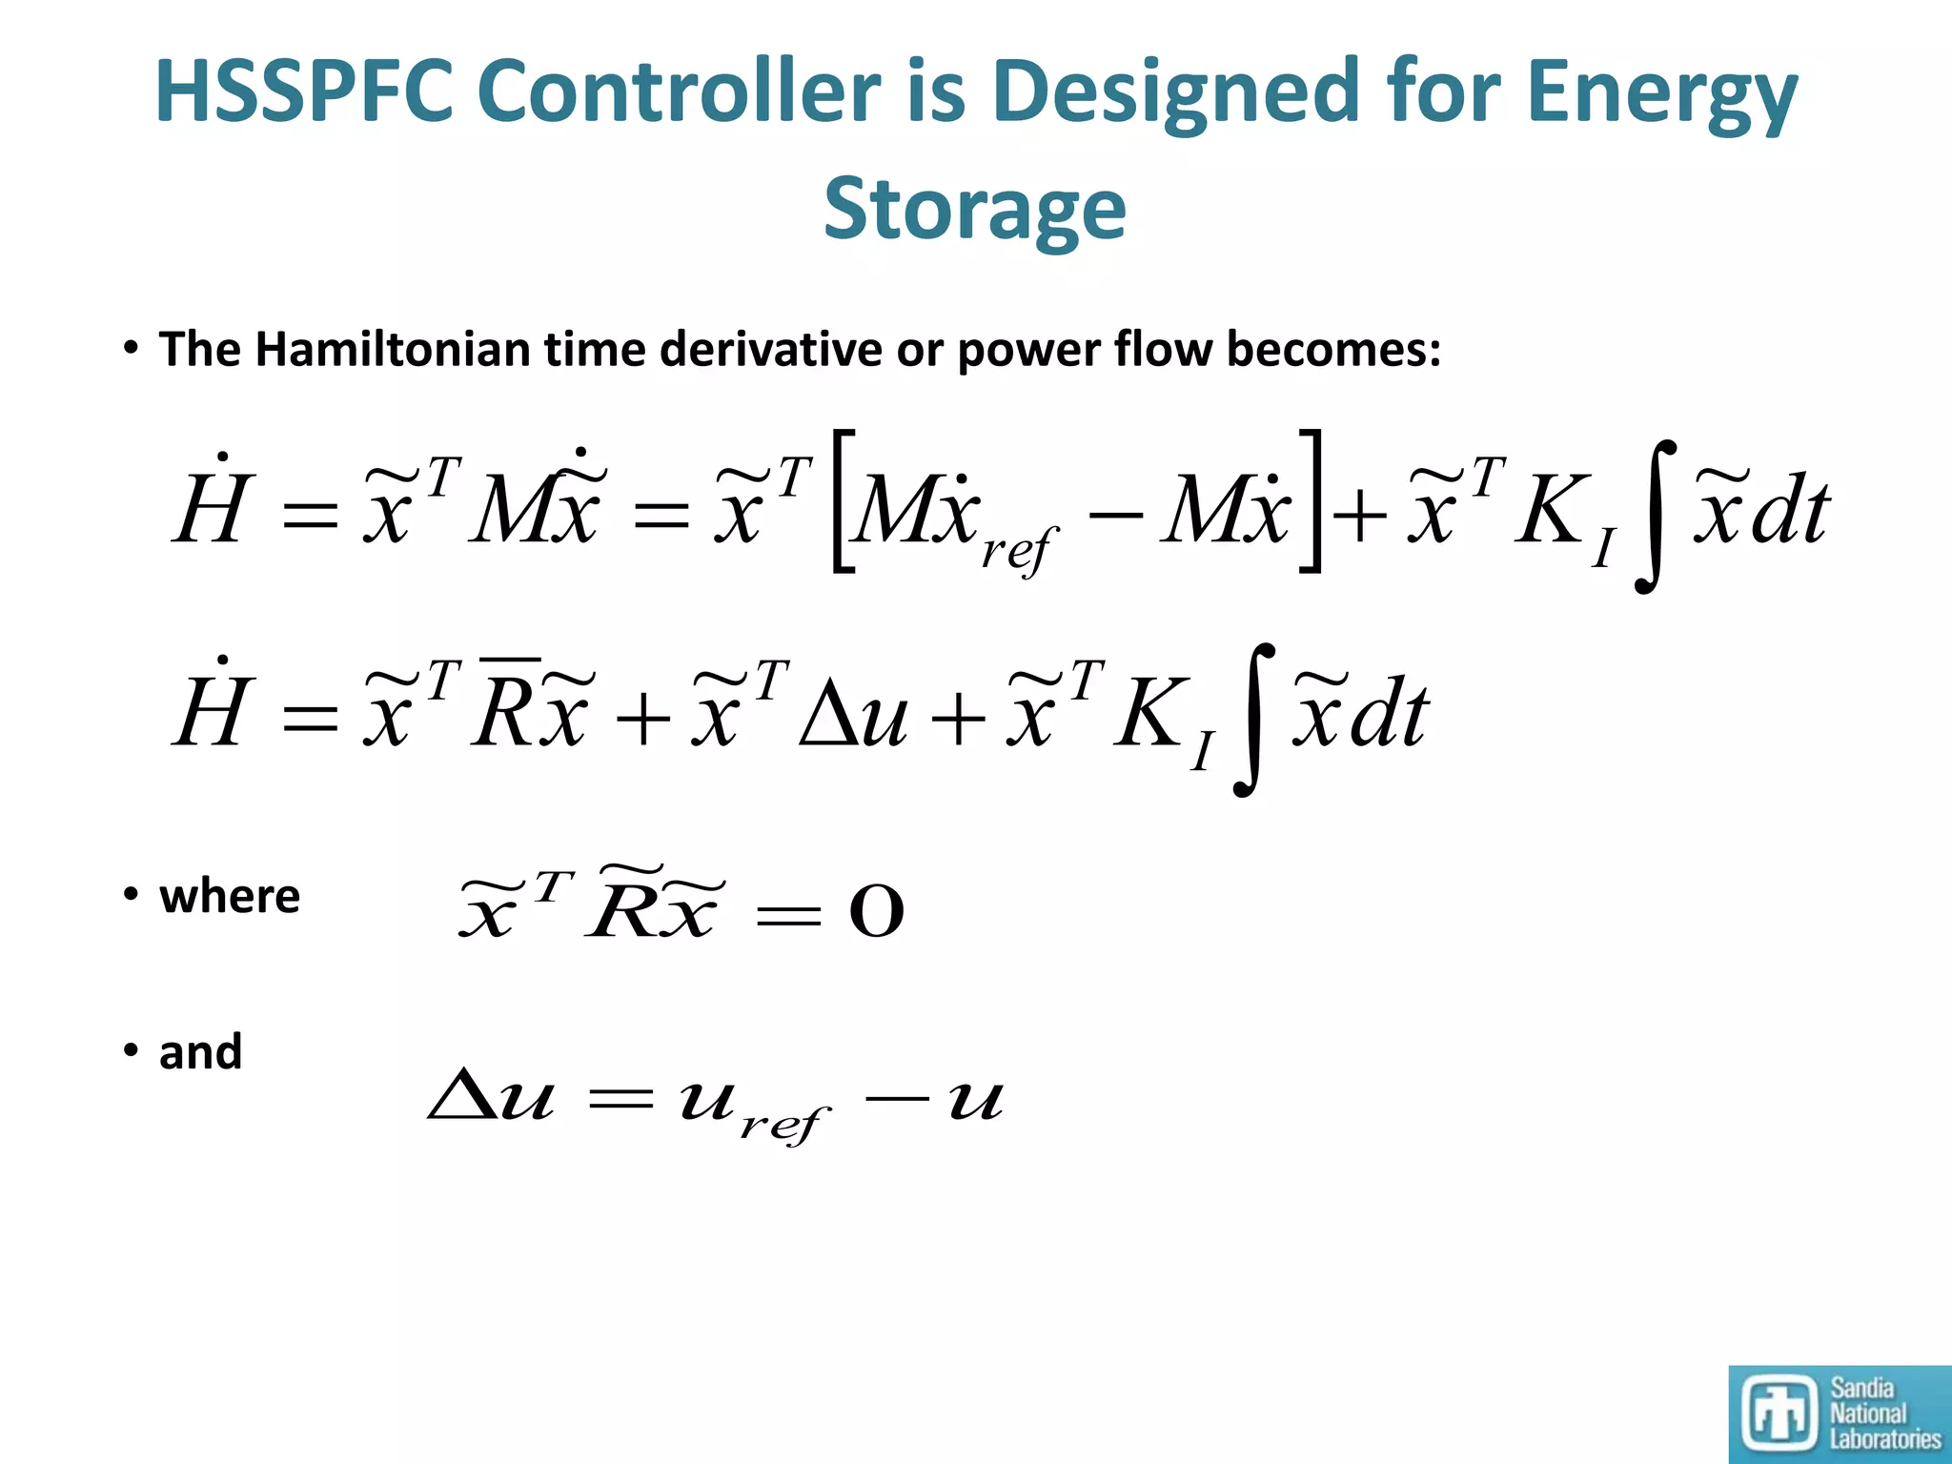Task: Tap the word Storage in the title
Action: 974,210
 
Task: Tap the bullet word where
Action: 230,896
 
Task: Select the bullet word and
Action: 200,1052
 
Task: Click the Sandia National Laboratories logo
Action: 1840,1413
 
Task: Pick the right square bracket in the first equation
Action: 1311,501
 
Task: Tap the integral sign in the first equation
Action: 1657,516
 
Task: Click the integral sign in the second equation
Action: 1254,720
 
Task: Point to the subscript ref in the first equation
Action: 1019,550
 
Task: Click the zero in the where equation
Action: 876,912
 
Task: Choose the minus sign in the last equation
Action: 895,1098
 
